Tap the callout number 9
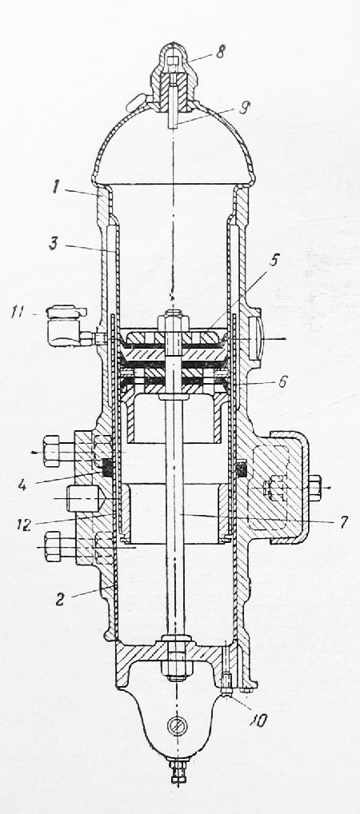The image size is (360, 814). point(245,108)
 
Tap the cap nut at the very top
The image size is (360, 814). point(174,73)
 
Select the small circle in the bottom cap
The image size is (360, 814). point(175,726)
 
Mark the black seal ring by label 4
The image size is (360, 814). point(107,469)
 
